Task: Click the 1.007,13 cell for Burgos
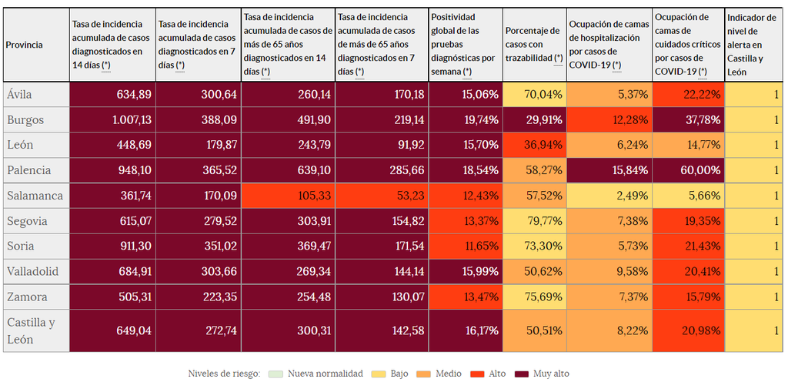click(x=112, y=119)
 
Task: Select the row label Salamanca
click(x=35, y=196)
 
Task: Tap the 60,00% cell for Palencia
click(x=688, y=169)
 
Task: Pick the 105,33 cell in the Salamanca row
click(x=288, y=196)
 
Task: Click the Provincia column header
click(x=35, y=45)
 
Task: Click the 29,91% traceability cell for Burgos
click(x=534, y=119)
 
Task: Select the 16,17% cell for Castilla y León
click(x=465, y=330)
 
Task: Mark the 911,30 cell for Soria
click(x=112, y=246)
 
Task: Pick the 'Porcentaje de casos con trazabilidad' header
click(x=534, y=45)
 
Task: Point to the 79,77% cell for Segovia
click(x=534, y=221)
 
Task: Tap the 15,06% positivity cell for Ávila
click(x=465, y=94)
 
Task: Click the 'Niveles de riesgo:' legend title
click(x=224, y=374)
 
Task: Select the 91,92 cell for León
click(x=381, y=144)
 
